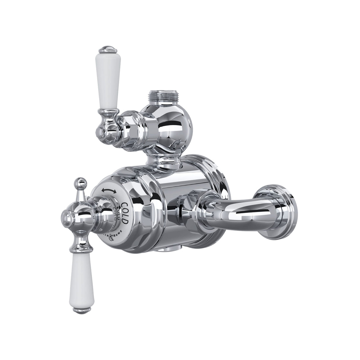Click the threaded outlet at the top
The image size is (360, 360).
click(157, 97)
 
